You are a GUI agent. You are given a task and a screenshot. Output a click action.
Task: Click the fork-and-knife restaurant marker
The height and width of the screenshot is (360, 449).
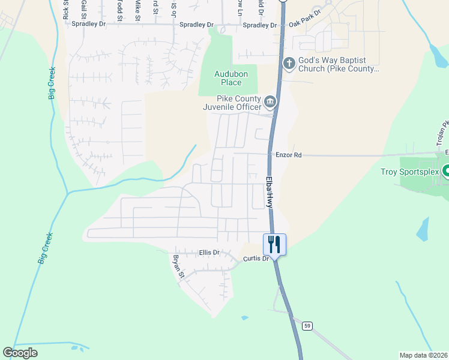click(x=274, y=245)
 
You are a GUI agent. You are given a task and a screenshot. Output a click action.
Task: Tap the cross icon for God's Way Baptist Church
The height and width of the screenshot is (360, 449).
click(x=289, y=63)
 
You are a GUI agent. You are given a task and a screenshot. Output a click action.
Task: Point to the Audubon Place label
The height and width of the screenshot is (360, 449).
click(x=228, y=79)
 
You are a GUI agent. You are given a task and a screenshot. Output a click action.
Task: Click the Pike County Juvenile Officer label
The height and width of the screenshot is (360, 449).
click(x=239, y=103)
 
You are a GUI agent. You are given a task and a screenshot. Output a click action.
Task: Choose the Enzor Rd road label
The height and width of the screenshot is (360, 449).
click(x=288, y=155)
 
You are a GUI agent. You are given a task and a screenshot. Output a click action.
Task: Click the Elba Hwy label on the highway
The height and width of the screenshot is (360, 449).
click(x=270, y=192)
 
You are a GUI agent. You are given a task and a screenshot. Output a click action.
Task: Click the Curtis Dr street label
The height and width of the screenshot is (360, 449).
click(x=256, y=259)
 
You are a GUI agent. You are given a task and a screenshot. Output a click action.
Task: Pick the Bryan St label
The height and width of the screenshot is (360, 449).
click(x=178, y=266)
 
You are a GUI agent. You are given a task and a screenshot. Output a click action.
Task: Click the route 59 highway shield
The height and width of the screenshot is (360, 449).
click(x=307, y=325)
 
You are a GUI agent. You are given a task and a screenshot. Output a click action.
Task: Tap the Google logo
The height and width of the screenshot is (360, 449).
click(x=20, y=353)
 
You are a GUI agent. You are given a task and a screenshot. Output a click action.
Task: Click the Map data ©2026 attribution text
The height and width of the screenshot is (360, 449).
click(x=423, y=355)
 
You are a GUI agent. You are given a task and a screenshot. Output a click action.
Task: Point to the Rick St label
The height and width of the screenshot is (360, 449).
click(x=65, y=10)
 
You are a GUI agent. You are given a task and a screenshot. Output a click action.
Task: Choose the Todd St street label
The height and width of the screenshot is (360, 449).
click(x=119, y=10)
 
